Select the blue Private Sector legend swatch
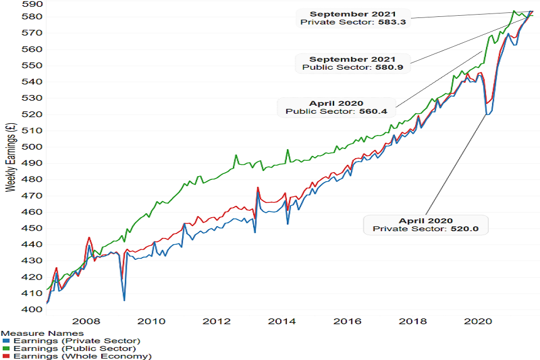(6, 341)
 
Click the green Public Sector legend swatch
(6, 349)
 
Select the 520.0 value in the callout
(466, 229)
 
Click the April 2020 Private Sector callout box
(426, 225)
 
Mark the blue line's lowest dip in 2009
(124, 300)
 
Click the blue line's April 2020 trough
(487, 115)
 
